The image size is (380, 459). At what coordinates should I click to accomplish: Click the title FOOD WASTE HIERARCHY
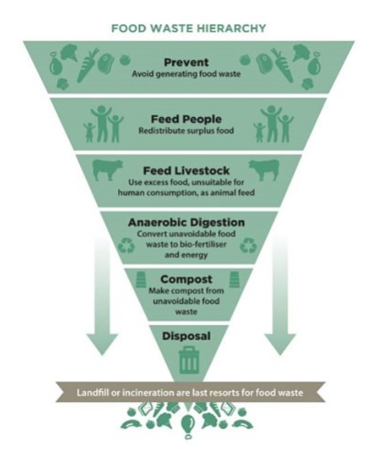point(189,28)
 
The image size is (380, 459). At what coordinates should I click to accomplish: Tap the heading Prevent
point(186,62)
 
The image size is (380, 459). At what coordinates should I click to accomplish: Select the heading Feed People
point(186,119)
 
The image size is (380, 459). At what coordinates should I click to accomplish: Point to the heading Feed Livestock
point(186,170)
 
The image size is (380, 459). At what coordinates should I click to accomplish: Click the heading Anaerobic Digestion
point(186,222)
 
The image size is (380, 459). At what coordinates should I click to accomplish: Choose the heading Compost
point(186,279)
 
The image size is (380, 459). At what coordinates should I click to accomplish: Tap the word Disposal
point(186,336)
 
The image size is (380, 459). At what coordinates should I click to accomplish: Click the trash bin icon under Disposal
point(188,360)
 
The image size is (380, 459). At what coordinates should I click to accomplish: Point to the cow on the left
point(108,170)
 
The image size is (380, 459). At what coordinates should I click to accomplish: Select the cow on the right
point(264,170)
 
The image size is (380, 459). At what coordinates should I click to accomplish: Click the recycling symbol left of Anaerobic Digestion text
point(127,245)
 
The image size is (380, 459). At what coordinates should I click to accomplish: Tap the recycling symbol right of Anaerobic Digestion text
point(248,245)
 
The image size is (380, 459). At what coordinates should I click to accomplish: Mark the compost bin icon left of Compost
point(141,279)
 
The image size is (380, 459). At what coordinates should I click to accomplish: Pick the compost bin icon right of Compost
point(234,279)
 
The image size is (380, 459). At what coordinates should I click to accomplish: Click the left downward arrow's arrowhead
point(102,344)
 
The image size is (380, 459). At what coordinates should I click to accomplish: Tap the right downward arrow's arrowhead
point(280,344)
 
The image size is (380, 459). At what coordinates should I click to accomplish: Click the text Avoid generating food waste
point(186,74)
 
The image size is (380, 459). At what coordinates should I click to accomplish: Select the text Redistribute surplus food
point(186,131)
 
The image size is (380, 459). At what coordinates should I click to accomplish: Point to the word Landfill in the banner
point(93,393)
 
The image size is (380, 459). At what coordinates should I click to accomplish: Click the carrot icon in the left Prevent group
point(86,66)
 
